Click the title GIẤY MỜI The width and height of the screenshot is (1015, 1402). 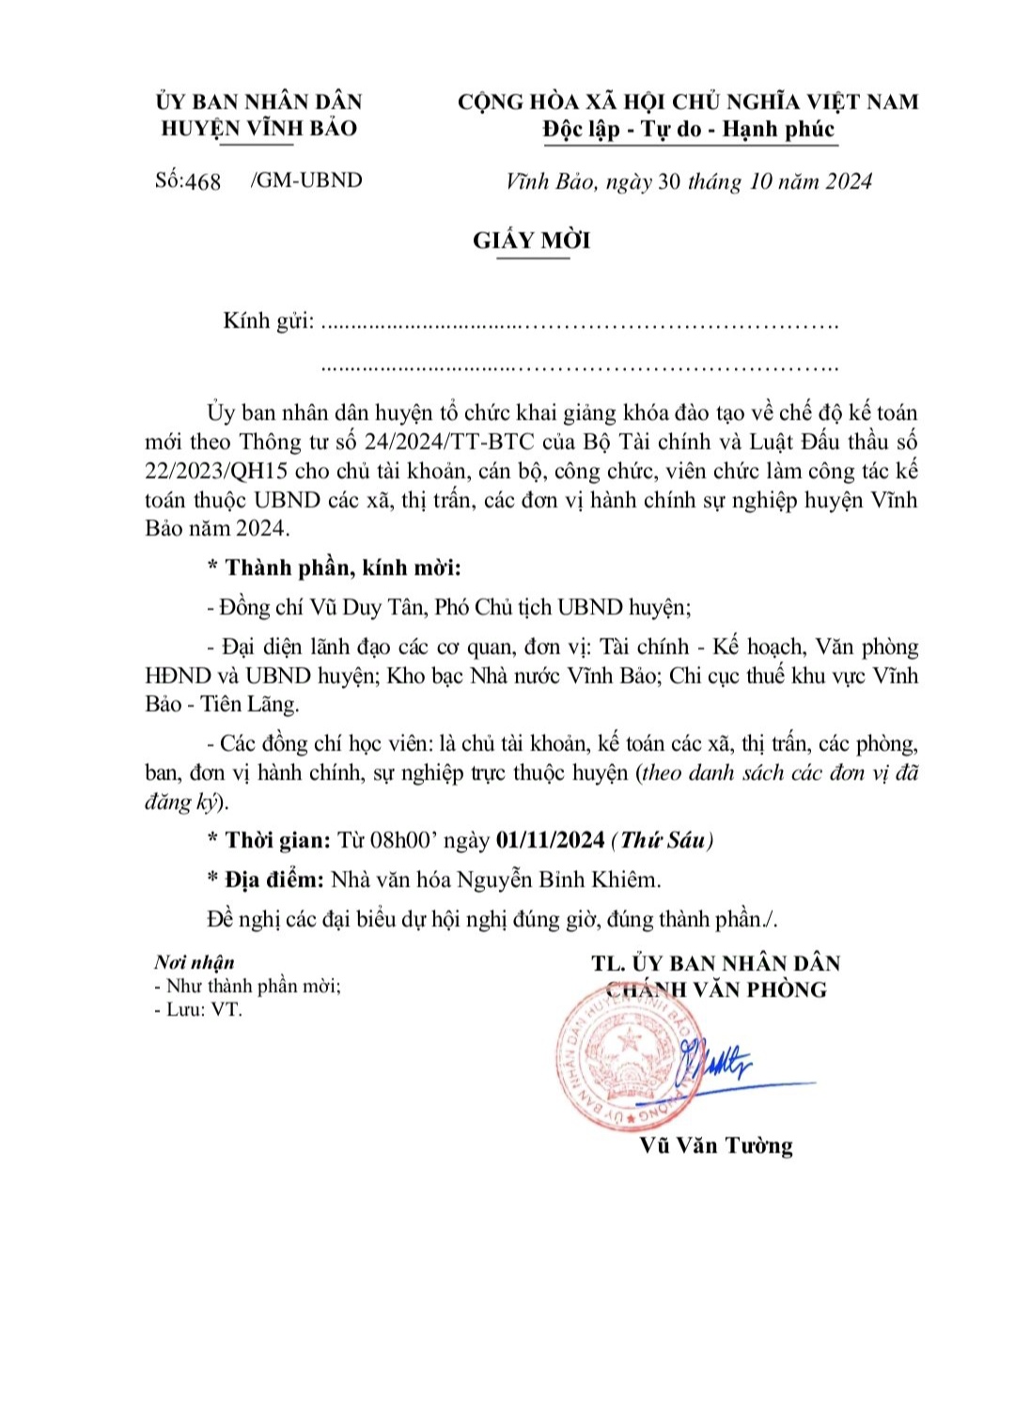pyautogui.click(x=531, y=241)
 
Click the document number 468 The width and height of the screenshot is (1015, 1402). pyautogui.click(x=203, y=181)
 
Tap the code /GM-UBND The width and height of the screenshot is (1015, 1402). pyautogui.click(x=306, y=180)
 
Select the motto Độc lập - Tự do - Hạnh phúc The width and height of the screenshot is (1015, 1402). pyautogui.click(x=688, y=130)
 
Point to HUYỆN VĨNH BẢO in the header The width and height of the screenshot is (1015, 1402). pyautogui.click(x=259, y=128)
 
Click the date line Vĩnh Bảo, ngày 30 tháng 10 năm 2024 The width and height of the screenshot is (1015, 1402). pyautogui.click(x=689, y=181)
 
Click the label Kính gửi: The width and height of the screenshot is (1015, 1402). pyautogui.click(x=268, y=320)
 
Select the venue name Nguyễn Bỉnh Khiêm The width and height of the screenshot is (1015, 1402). pyautogui.click(x=558, y=880)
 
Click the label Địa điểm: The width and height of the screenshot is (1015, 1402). pyautogui.click(x=274, y=880)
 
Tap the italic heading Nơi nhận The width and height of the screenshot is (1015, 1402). pyautogui.click(x=195, y=962)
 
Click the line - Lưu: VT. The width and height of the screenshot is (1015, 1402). pyautogui.click(x=198, y=1010)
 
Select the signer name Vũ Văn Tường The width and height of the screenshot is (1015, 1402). pyautogui.click(x=716, y=1145)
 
